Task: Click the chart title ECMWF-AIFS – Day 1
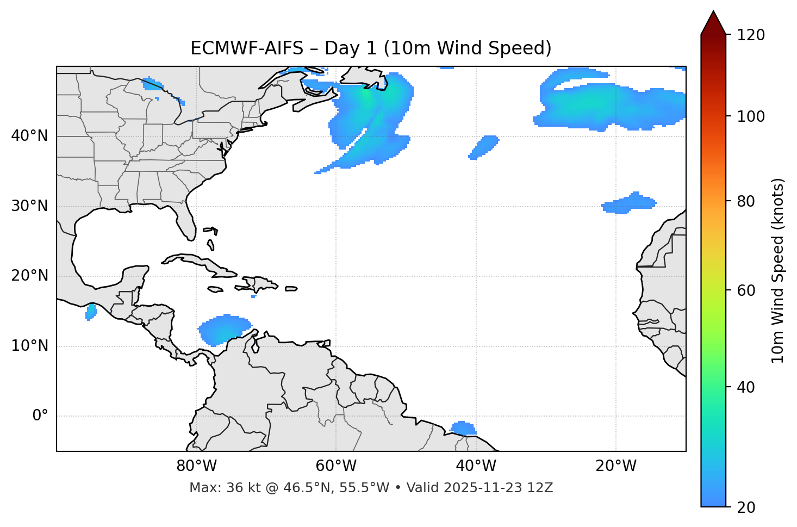(371, 48)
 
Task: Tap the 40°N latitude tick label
(29, 136)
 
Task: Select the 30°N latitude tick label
(29, 206)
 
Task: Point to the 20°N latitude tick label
(29, 276)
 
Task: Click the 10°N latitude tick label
(29, 346)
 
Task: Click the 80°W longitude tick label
(196, 466)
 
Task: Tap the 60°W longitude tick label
(336, 466)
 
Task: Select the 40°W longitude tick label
(476, 466)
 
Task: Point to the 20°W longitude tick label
(615, 466)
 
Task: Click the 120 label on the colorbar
(751, 35)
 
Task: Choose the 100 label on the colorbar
(751, 116)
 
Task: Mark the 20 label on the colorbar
(746, 507)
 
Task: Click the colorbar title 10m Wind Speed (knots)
(778, 270)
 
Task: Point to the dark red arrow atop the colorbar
(713, 23)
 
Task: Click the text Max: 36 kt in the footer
(211, 488)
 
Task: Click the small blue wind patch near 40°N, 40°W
(484, 147)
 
